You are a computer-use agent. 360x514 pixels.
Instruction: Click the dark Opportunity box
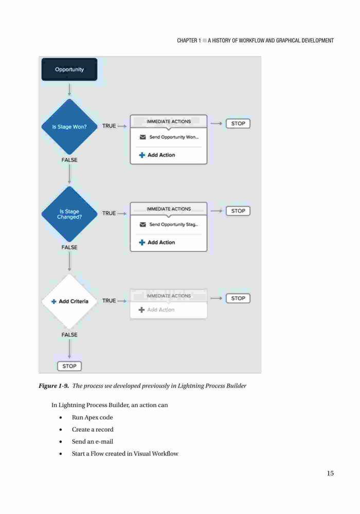(69, 69)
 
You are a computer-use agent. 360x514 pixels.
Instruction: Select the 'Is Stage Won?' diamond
(69, 126)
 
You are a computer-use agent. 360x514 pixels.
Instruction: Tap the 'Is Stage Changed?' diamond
(69, 214)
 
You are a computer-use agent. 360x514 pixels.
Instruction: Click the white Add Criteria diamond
(69, 301)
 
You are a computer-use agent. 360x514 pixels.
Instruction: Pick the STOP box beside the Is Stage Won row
(238, 123)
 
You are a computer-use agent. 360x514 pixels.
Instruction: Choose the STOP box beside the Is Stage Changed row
(238, 211)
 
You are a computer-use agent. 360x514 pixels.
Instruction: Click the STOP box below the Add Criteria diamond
(69, 366)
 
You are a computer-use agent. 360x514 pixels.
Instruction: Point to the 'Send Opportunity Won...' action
(169, 137)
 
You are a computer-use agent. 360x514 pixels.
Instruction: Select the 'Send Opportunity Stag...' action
(169, 225)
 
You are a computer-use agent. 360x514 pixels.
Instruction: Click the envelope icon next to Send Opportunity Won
(142, 137)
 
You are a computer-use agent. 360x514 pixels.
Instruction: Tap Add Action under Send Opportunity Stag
(157, 242)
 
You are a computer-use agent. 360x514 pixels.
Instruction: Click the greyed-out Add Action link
(156, 310)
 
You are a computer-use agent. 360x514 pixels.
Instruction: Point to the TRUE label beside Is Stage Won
(109, 126)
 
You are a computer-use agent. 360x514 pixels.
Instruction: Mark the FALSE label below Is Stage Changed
(69, 248)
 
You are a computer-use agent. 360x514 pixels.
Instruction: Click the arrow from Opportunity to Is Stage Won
(69, 89)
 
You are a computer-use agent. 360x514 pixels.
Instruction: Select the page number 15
(330, 473)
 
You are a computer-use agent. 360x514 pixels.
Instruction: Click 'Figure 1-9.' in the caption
(54, 386)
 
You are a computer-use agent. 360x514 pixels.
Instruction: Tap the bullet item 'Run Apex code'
(93, 417)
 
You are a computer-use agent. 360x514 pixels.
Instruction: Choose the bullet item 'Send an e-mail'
(93, 442)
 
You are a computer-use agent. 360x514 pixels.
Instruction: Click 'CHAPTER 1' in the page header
(189, 41)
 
